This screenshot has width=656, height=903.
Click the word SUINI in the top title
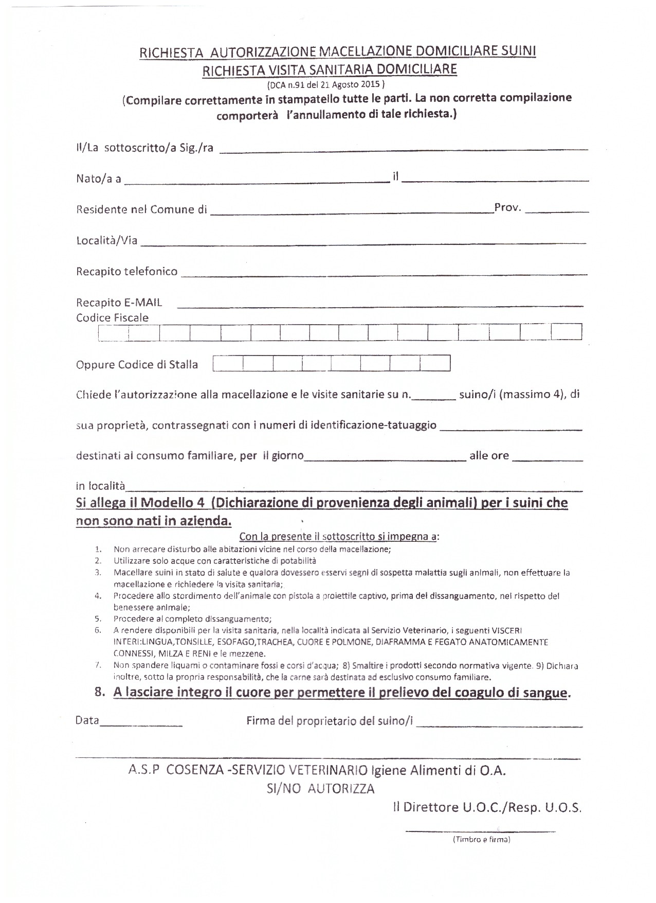(x=517, y=51)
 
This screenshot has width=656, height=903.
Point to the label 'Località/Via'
(x=107, y=240)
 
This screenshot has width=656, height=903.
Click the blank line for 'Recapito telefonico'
(x=383, y=273)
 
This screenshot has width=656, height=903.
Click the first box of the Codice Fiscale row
(x=113, y=333)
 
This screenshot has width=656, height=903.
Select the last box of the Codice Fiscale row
(x=566, y=332)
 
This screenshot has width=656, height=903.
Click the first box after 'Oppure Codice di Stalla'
(x=228, y=364)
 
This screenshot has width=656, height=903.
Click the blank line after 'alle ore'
(x=548, y=458)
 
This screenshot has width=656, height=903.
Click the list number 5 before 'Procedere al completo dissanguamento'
(x=98, y=619)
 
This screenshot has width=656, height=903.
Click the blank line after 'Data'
(x=141, y=723)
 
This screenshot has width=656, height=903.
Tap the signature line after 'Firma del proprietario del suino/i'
(x=499, y=724)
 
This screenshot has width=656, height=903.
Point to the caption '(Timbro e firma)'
(x=481, y=840)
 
